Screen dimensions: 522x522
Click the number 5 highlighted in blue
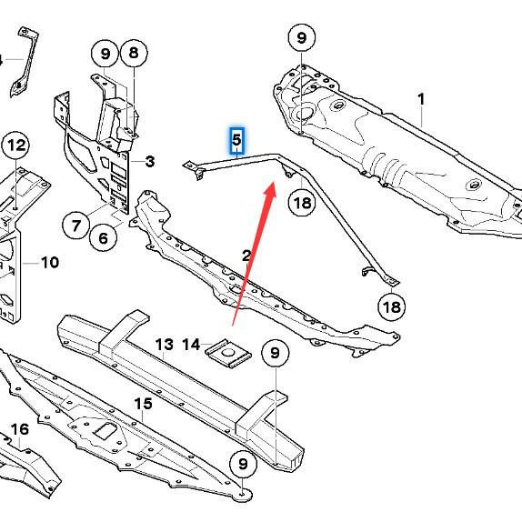(x=236, y=140)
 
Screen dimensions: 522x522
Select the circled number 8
(x=134, y=53)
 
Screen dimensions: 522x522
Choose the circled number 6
(x=104, y=237)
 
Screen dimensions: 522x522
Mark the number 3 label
(x=149, y=162)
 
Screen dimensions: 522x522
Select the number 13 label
(x=164, y=344)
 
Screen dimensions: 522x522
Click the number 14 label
(x=191, y=344)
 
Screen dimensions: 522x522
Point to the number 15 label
(x=143, y=403)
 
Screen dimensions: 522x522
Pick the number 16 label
(x=19, y=429)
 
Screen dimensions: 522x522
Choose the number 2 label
(x=246, y=256)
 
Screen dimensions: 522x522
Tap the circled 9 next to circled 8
(x=105, y=53)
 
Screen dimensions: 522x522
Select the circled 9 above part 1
(x=301, y=38)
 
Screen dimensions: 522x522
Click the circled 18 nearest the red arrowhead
(x=302, y=203)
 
